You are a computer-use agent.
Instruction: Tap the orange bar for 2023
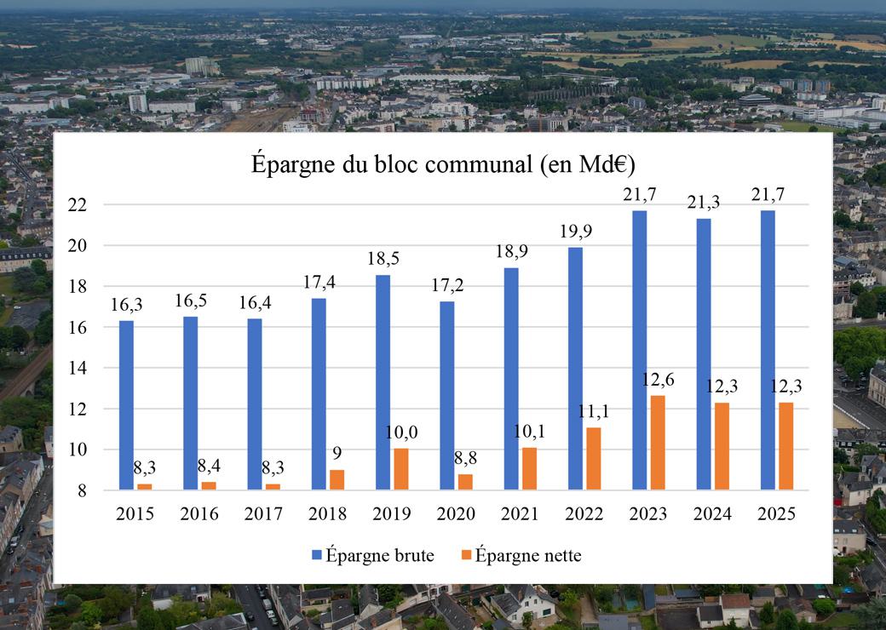click(658, 442)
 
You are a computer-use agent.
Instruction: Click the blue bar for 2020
click(446, 395)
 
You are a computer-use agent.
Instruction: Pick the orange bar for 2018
click(337, 479)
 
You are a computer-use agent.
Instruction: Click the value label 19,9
click(575, 232)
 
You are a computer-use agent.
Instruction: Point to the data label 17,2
click(447, 287)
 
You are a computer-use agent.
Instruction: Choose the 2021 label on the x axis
click(520, 514)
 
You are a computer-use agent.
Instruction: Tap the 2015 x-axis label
click(135, 514)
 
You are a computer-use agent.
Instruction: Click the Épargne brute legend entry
click(374, 556)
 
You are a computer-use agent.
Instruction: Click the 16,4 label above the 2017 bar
click(254, 303)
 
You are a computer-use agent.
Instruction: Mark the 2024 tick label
click(712, 514)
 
